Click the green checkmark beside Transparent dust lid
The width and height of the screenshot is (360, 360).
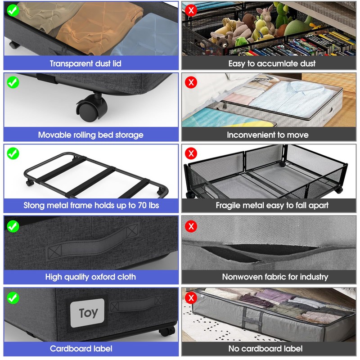pos(13,10)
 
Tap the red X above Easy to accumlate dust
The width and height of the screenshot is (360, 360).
pos(191,10)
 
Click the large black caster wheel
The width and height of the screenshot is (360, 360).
pos(92,108)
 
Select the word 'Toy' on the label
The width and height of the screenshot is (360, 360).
pos(88,313)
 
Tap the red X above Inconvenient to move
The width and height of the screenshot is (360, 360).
pos(191,82)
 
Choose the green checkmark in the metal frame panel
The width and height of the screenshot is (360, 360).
pos(13,153)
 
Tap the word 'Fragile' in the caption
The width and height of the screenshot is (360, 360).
pos(228,205)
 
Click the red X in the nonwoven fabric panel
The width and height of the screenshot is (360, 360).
pos(191,226)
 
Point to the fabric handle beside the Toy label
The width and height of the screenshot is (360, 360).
pos(136,303)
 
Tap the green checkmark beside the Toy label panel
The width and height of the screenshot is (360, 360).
pos(13,298)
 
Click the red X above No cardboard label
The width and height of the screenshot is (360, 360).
pos(191,298)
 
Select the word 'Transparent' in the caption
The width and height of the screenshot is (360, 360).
pos(72,63)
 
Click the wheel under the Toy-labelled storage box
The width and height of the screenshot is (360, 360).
pos(167,331)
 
